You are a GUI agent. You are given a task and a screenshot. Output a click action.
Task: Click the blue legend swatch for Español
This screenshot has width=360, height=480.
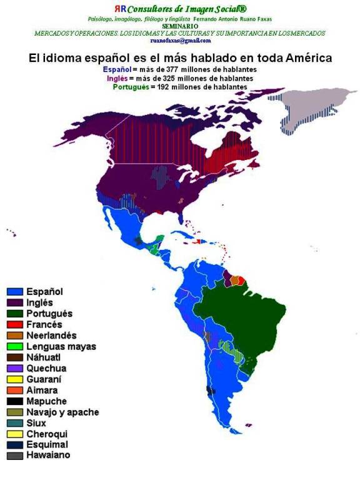coord(15,291)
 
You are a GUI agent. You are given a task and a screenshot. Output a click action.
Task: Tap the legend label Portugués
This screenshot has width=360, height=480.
coord(49,313)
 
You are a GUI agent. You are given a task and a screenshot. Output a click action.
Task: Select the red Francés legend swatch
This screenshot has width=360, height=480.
coord(15,324)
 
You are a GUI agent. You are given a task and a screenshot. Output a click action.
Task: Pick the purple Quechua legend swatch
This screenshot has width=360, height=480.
coord(15,368)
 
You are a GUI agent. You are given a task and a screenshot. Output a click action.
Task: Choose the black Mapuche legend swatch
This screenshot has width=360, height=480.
coord(15,401)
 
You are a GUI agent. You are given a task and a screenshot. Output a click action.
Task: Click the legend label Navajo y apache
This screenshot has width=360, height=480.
coord(62,412)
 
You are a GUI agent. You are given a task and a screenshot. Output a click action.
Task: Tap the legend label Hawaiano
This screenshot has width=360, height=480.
coord(48,456)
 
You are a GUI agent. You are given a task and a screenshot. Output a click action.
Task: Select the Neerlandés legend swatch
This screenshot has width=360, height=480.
coord(15,336)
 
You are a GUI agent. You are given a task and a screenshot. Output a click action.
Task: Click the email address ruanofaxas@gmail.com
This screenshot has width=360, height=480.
coord(181,40)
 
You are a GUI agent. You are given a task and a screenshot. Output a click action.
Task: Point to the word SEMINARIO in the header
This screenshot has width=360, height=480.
coord(180,26)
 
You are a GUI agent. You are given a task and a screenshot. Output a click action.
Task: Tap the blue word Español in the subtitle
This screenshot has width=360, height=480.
coord(117,69)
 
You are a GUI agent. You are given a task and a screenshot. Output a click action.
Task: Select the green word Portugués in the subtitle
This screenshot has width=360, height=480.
coord(131,87)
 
